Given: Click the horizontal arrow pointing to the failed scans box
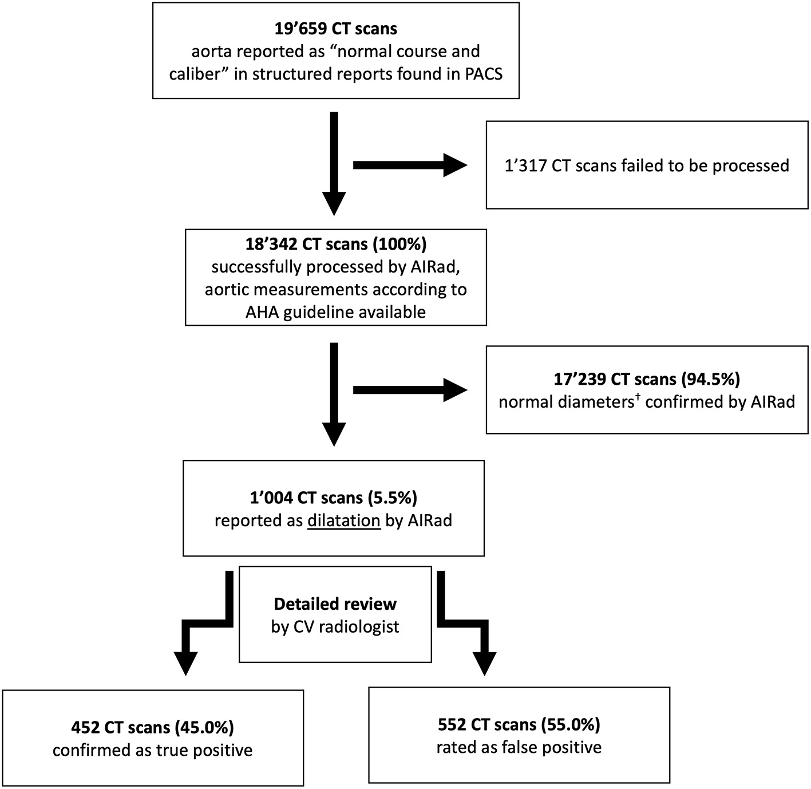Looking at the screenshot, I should click(x=409, y=165).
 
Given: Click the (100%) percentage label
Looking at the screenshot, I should click(x=399, y=244).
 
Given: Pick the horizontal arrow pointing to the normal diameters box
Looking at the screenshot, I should click(x=409, y=390).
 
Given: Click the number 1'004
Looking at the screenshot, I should click(x=272, y=498).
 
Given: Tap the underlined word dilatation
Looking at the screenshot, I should click(x=343, y=521).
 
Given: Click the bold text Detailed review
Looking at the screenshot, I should click(x=335, y=604).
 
